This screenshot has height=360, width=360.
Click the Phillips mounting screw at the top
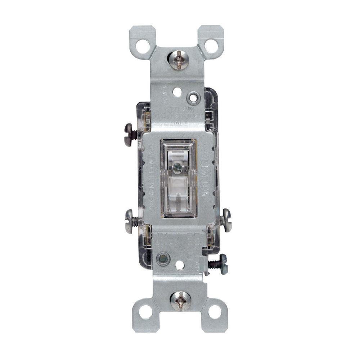pyautogui.click(x=179, y=59)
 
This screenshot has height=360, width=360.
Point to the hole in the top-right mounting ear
pyautogui.click(x=211, y=46)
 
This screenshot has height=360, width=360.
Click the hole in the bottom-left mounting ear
pyautogui.click(x=146, y=312)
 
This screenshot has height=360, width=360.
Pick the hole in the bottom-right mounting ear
pyautogui.click(x=215, y=312)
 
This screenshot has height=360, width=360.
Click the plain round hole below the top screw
pyautogui.click(x=177, y=92)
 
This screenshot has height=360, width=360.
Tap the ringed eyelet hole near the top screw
pyautogui.click(x=194, y=98)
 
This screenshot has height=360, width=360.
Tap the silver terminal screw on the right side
pyautogui.click(x=226, y=220)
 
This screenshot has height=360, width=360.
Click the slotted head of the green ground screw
pyautogui.click(x=224, y=264)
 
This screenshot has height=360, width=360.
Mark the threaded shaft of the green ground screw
pyautogui.click(x=214, y=264)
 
